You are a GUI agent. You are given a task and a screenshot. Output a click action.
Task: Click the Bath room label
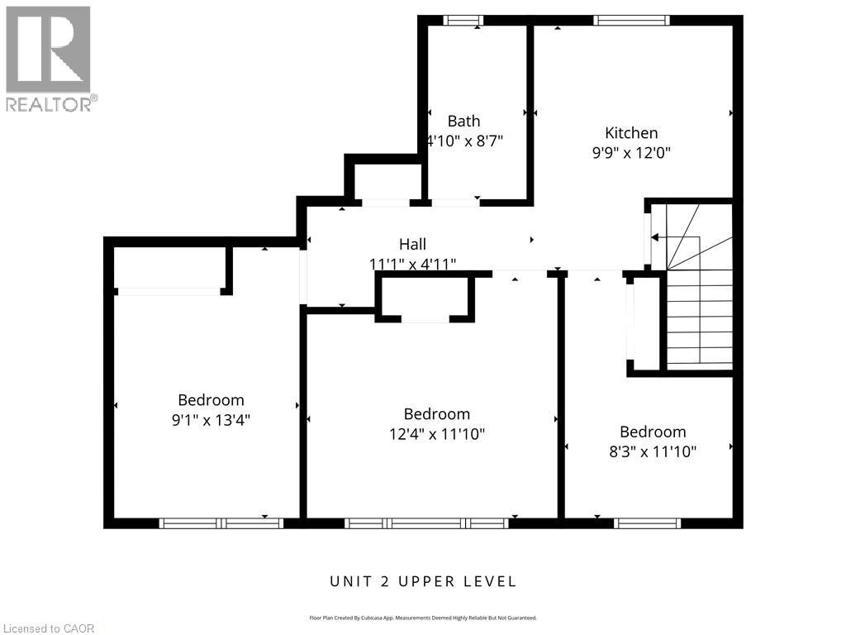(x=463, y=122)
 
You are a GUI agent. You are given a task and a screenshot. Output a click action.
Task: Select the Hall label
(x=412, y=244)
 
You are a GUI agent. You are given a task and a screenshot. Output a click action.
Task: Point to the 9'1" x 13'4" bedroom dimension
(x=211, y=420)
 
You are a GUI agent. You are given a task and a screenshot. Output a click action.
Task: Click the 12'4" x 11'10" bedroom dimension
(x=437, y=433)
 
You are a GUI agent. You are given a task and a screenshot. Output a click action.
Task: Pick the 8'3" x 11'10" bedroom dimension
(x=653, y=451)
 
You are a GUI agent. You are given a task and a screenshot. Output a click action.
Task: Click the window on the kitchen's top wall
(x=632, y=20)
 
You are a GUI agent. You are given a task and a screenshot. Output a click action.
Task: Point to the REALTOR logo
(x=49, y=58)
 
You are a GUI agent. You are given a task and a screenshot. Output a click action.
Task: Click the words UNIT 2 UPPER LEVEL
(x=423, y=581)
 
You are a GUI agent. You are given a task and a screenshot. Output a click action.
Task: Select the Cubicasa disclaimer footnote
(x=423, y=618)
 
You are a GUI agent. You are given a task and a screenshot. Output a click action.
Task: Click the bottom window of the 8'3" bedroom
(x=648, y=523)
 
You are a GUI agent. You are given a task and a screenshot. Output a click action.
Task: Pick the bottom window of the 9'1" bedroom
(x=221, y=523)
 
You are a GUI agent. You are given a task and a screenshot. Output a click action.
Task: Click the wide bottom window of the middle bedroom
(x=426, y=523)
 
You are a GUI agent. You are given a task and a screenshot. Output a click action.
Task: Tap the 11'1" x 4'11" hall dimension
(x=412, y=264)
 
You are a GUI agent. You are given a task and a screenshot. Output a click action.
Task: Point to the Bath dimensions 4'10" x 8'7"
(x=464, y=141)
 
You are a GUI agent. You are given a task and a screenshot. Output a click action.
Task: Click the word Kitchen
(x=631, y=133)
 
